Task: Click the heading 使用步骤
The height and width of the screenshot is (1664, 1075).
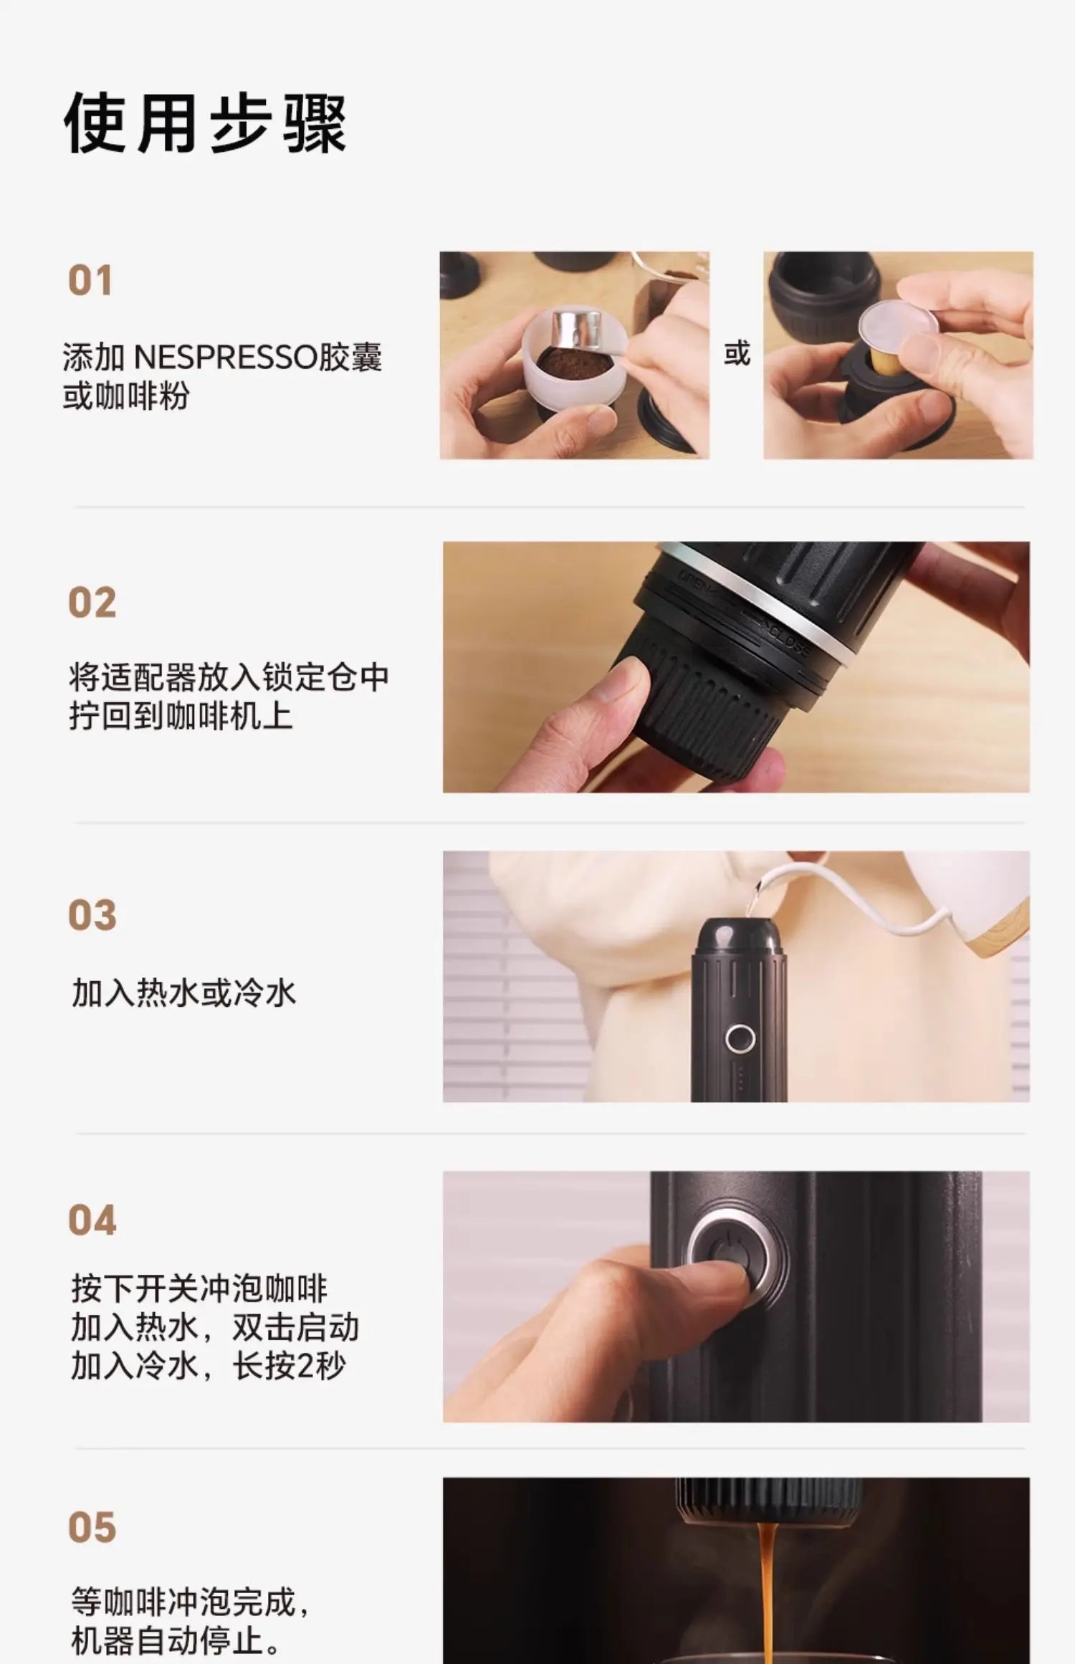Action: tap(205, 123)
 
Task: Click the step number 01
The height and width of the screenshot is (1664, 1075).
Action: tap(90, 280)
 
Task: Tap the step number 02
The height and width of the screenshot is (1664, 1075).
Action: tap(92, 602)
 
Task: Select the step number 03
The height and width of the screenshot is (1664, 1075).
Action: tap(92, 915)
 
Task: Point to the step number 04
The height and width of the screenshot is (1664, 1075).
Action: tap(92, 1220)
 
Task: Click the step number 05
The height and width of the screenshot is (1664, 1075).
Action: tap(92, 1527)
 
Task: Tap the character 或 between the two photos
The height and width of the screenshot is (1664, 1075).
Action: tap(737, 354)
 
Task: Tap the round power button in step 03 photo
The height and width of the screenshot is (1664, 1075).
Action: tap(740, 1038)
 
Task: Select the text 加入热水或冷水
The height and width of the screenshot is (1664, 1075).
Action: tap(183, 993)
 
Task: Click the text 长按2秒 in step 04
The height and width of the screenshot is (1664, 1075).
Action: tap(290, 1366)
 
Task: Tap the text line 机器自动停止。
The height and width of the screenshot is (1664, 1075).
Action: tap(176, 1640)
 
